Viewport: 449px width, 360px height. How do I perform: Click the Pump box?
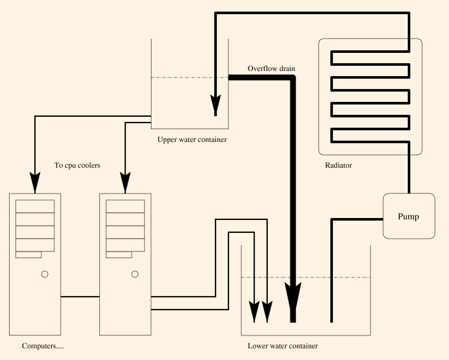point(408,216)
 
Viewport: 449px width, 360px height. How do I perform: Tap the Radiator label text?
point(339,166)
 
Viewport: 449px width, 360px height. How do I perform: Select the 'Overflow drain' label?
point(272,68)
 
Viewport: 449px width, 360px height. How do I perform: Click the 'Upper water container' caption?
point(192,139)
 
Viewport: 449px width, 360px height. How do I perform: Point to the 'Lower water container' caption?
point(283,346)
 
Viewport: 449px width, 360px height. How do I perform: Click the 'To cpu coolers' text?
point(77,166)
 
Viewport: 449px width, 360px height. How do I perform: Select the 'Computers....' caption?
point(43,346)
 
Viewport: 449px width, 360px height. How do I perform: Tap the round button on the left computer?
point(45,274)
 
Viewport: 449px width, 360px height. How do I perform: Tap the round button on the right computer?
point(135,274)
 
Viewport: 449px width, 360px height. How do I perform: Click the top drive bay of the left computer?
point(35,206)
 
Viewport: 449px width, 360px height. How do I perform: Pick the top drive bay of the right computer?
point(125,206)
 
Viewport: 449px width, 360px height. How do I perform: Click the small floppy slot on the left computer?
point(28,255)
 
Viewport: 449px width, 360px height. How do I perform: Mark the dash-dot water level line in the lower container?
point(306,277)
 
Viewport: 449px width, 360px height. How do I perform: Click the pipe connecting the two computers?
point(80,297)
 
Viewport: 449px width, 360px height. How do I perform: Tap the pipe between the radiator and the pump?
point(409,174)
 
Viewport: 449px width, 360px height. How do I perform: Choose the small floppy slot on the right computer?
point(119,255)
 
